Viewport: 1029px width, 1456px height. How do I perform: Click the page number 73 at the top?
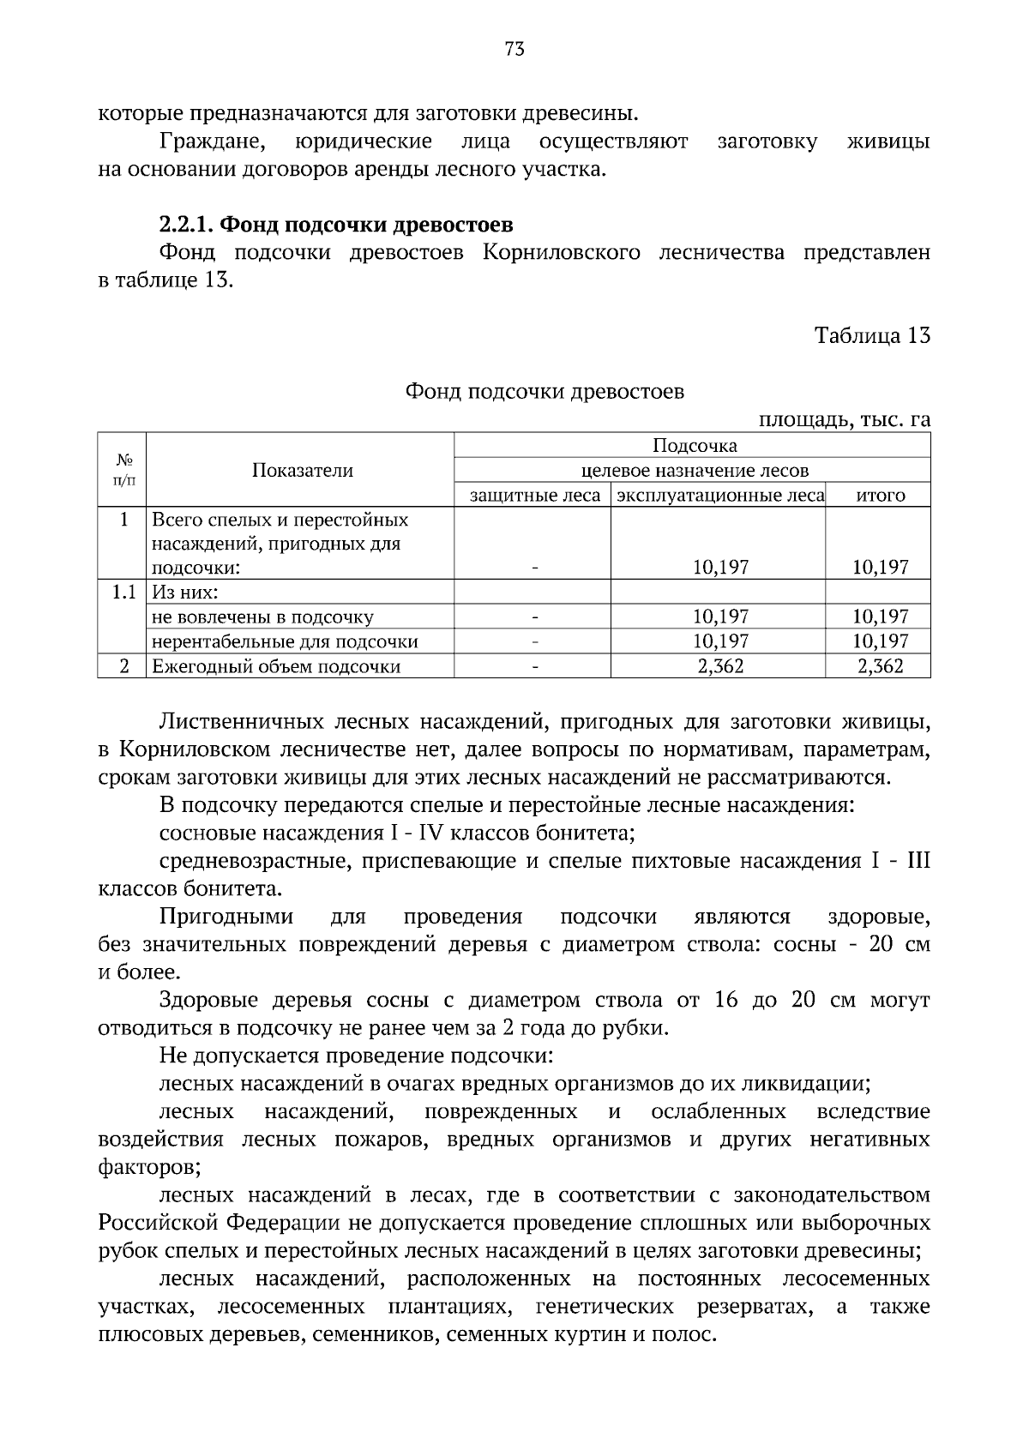[514, 49]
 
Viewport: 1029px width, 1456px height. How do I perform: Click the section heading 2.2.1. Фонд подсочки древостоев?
[336, 225]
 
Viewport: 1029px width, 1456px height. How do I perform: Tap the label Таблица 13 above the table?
[872, 335]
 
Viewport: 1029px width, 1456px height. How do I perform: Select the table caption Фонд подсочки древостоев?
[545, 392]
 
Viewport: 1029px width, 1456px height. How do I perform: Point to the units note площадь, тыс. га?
[845, 420]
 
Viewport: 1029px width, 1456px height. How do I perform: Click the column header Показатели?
[302, 470]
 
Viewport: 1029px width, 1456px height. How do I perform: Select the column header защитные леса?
[535, 496]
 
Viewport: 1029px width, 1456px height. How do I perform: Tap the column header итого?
[881, 496]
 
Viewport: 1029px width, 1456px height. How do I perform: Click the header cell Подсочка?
[695, 445]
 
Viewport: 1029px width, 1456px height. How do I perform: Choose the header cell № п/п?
[123, 470]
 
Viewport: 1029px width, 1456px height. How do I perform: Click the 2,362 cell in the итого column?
[881, 666]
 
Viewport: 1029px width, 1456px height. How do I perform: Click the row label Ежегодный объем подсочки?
[276, 666]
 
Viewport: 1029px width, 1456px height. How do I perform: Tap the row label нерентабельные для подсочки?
[285, 641]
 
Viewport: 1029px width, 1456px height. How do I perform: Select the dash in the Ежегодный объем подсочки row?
[534, 666]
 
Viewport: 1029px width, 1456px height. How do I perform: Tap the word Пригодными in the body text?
[226, 917]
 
